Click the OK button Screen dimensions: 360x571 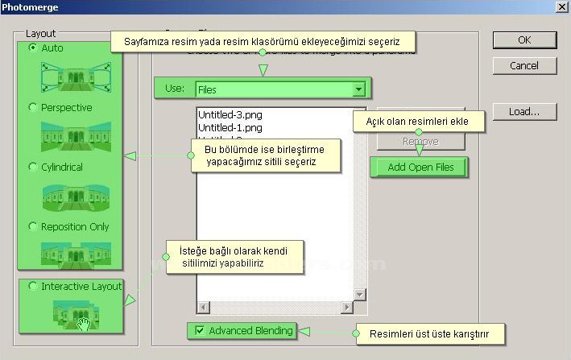click(524, 39)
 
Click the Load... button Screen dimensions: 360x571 click(524, 112)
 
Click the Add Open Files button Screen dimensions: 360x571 click(420, 168)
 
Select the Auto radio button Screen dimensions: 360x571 click(33, 48)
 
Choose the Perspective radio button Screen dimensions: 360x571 click(33, 108)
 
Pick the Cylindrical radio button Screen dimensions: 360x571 click(33, 168)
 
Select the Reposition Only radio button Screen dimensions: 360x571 click(33, 227)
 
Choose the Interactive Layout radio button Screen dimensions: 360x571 click(33, 287)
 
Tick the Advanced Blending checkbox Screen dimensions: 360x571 click(199, 330)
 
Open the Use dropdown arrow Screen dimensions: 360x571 click(358, 89)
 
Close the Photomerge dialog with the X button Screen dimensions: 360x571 click(561, 6)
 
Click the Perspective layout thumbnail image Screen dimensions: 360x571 click(76, 135)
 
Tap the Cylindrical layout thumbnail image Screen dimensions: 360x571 click(76, 196)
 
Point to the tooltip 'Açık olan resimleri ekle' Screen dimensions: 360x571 click(422, 122)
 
